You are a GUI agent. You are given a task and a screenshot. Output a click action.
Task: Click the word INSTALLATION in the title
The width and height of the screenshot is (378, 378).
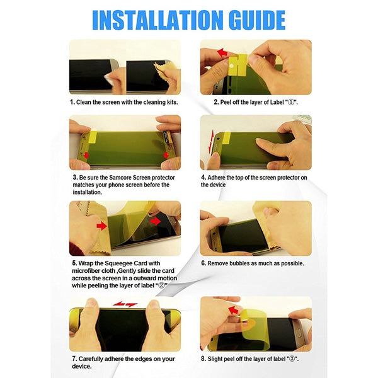click(158, 20)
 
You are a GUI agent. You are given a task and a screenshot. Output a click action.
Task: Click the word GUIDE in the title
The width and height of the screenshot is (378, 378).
click(257, 20)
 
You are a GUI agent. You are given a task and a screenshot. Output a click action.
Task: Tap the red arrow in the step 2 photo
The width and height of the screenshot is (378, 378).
click(222, 52)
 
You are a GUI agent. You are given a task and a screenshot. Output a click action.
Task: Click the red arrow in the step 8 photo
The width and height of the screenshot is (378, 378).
click(233, 310)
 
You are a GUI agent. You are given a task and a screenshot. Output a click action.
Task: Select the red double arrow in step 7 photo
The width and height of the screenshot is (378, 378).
click(125, 304)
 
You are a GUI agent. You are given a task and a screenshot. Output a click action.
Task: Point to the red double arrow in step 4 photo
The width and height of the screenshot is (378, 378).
click(211, 142)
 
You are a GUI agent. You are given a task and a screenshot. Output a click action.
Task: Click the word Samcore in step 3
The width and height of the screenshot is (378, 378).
click(120, 178)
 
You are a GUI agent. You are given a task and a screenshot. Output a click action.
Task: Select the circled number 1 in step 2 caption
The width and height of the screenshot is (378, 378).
click(292, 102)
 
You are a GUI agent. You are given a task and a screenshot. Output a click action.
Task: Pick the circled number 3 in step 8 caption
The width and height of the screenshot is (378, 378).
click(292, 359)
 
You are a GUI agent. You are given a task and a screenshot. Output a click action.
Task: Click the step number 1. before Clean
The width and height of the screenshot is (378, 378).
click(72, 102)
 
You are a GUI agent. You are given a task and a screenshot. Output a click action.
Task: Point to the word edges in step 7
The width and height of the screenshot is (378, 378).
click(143, 359)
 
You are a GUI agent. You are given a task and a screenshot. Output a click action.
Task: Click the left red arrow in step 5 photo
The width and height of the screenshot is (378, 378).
click(101, 226)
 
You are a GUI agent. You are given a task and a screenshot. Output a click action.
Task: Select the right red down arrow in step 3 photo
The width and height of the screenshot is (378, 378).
click(166, 155)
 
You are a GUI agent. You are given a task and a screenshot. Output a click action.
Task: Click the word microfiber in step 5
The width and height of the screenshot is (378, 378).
click(86, 271)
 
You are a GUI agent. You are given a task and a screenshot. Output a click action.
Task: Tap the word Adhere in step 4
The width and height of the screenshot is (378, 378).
click(216, 178)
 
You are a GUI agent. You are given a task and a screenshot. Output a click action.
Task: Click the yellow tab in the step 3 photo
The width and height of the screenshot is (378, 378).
click(93, 137)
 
